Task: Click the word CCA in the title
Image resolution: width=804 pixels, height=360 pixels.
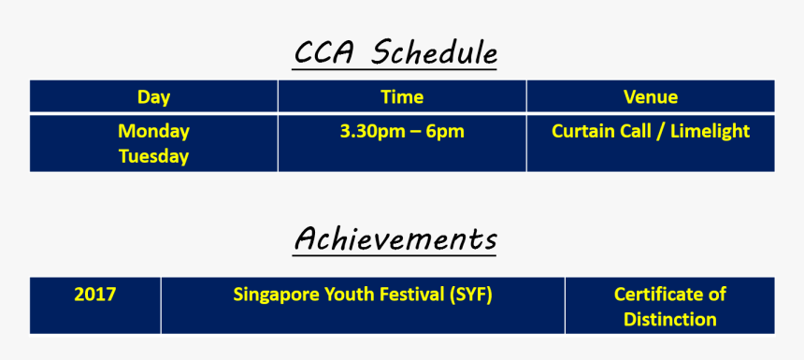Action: click(x=323, y=52)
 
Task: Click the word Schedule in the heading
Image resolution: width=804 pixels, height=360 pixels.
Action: click(x=434, y=52)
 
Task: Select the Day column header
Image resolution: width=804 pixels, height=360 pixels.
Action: click(x=154, y=97)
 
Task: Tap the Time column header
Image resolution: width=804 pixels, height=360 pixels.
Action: click(x=402, y=97)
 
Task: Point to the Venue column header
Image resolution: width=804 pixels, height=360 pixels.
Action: click(x=651, y=97)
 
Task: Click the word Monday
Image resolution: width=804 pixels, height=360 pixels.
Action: click(x=154, y=132)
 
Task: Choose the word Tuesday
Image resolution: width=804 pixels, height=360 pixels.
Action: click(x=154, y=156)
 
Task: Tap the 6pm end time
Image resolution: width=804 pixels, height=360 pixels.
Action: click(x=446, y=132)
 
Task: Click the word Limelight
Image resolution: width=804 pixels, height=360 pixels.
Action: click(x=711, y=131)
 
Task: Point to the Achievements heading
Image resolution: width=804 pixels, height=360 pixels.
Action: click(x=395, y=239)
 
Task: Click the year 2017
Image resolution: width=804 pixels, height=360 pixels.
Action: click(x=95, y=295)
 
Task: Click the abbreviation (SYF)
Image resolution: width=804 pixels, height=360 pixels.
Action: click(x=469, y=295)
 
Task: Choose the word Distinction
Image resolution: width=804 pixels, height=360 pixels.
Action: click(x=670, y=320)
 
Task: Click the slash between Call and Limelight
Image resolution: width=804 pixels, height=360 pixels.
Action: click(x=660, y=132)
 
